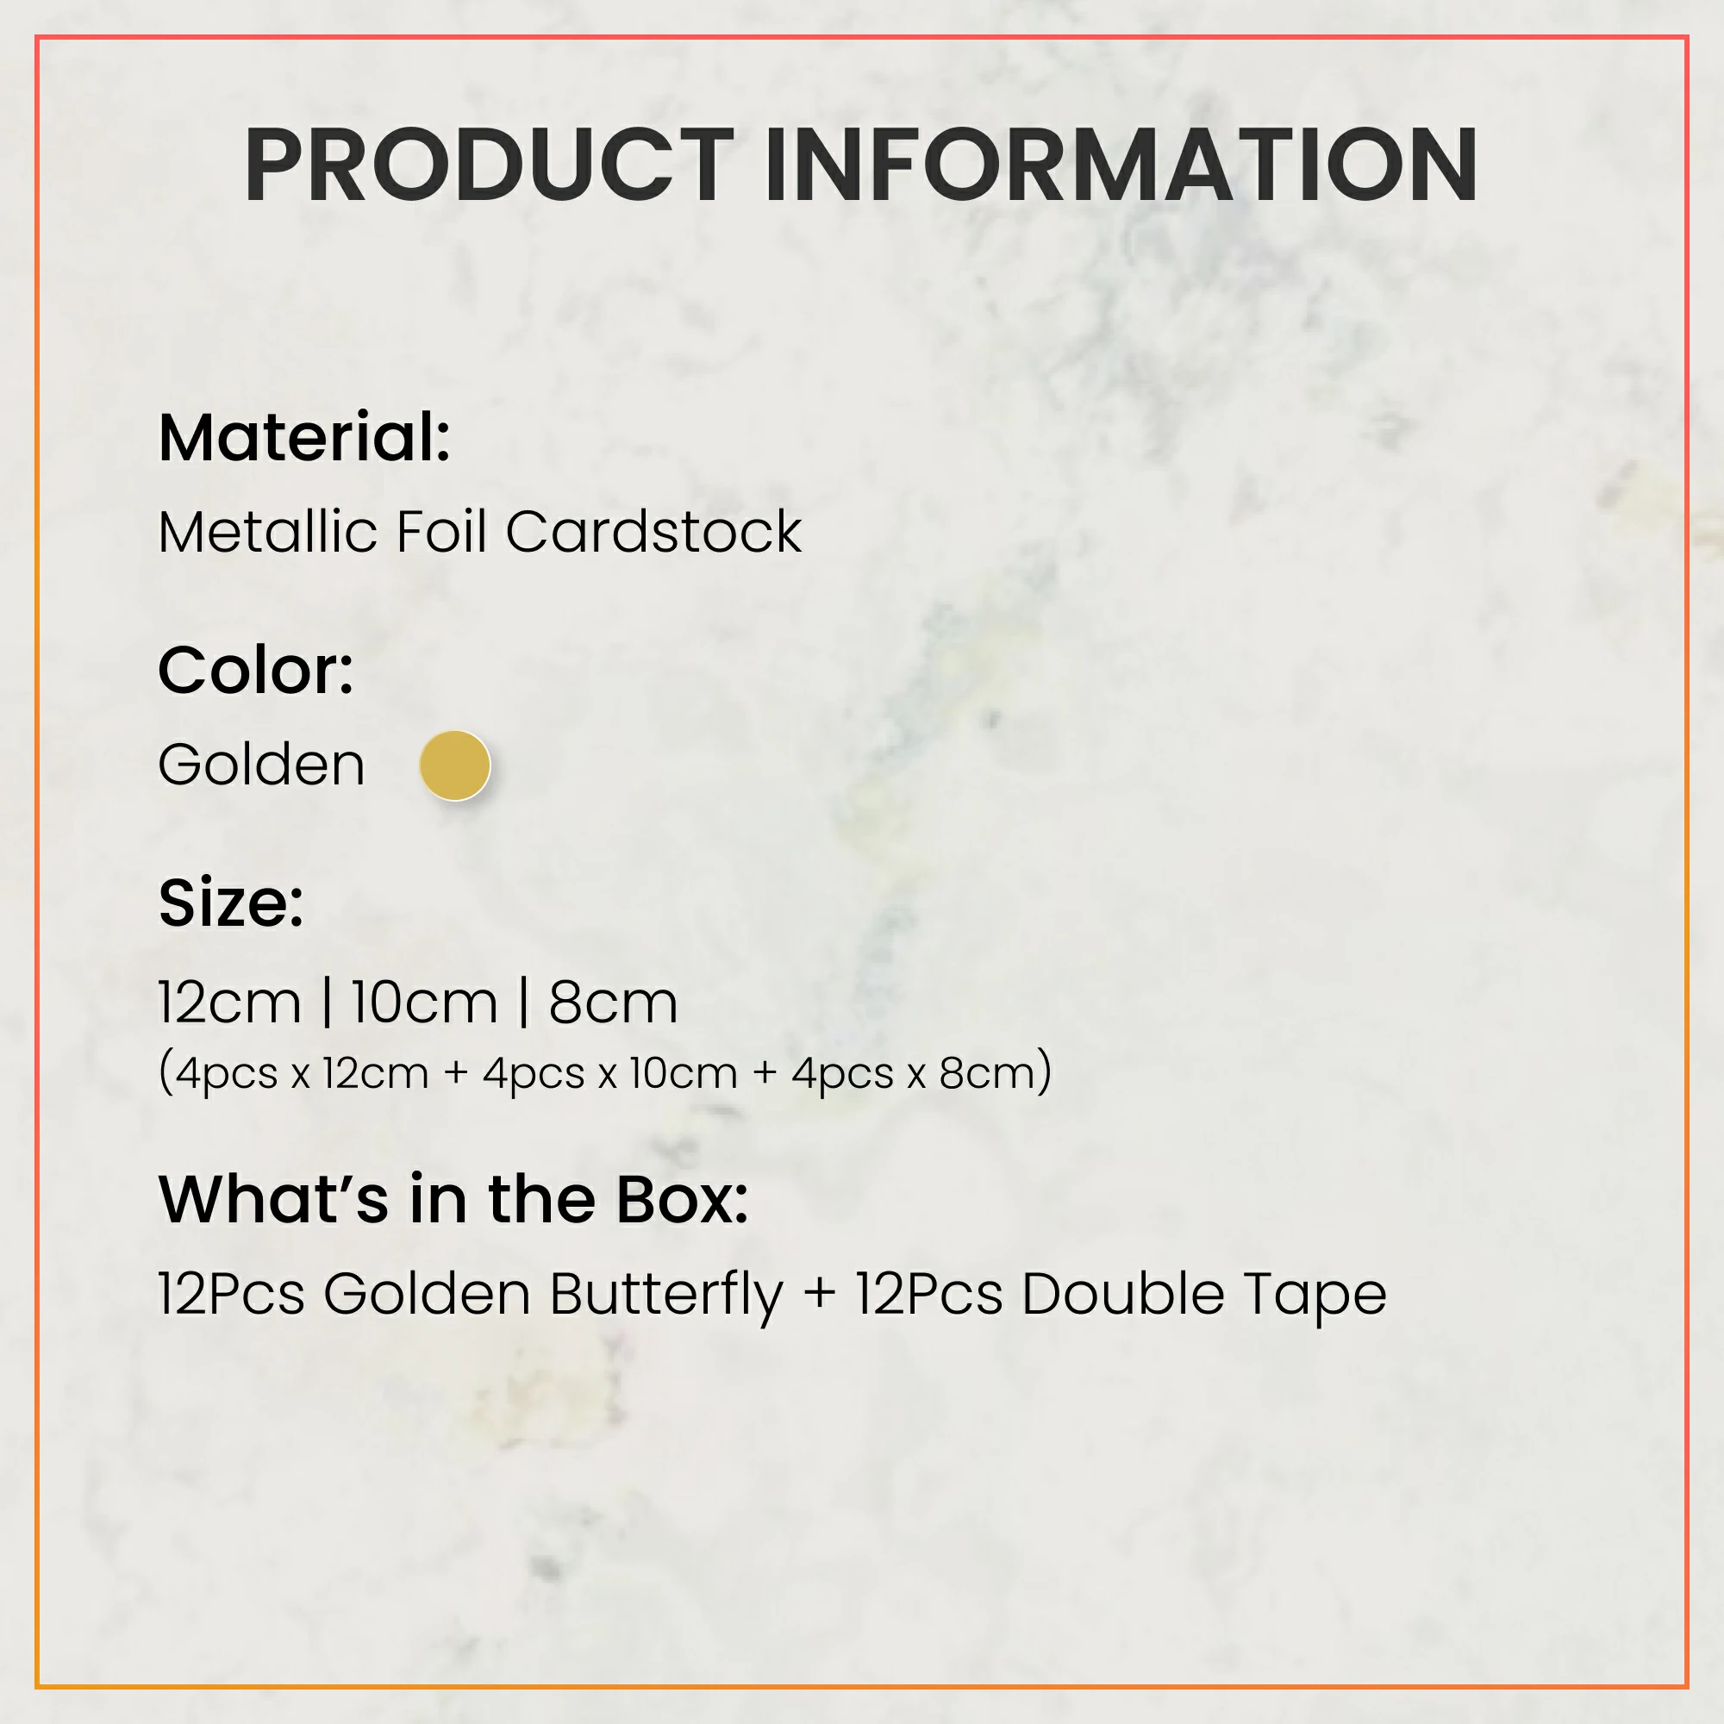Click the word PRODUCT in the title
(x=489, y=166)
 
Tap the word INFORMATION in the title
(x=1121, y=166)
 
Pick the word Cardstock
(x=653, y=532)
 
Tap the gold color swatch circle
(x=455, y=765)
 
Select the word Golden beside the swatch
(x=261, y=765)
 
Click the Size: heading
(x=231, y=903)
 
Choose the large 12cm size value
(x=230, y=1003)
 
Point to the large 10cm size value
(x=424, y=1003)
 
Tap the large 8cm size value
(x=613, y=1003)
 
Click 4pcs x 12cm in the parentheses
(x=302, y=1073)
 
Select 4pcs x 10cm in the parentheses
(x=610, y=1073)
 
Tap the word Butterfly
(x=666, y=1296)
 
